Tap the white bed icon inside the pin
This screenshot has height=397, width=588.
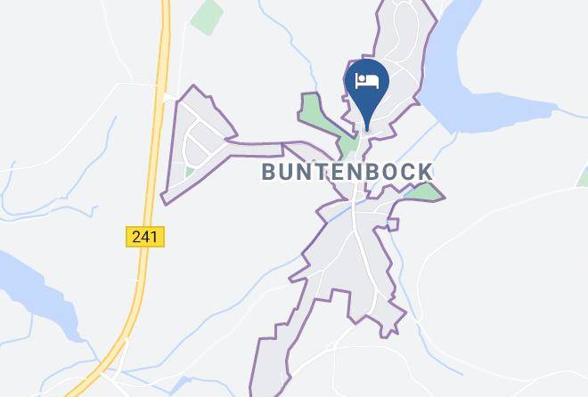(367, 82)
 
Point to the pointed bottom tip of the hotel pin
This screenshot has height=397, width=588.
(367, 128)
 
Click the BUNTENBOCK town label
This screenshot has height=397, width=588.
(347, 172)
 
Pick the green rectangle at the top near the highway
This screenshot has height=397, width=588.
(207, 15)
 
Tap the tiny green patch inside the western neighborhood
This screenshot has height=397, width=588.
(190, 171)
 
